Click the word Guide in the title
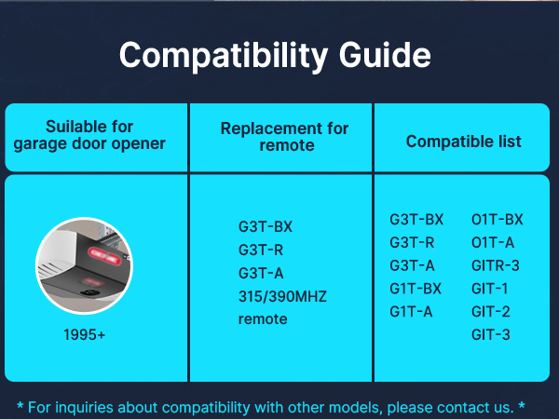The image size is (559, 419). pos(383,56)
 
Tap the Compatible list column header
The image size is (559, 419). pos(463,142)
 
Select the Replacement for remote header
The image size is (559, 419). pos(284,136)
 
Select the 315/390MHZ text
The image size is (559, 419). pos(283,296)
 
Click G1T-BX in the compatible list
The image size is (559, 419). pos(416,289)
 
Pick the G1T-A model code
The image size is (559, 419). pos(411,312)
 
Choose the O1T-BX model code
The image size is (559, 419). pos(498,220)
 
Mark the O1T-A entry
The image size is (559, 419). pos(493,242)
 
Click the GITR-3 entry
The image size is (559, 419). pos(496,265)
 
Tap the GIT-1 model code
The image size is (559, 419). pos(490,289)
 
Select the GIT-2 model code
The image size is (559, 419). pos(490,312)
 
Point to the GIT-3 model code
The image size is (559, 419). pos(490,334)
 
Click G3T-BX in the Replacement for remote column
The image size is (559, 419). pos(266,226)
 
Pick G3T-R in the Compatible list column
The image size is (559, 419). pos(410,242)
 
